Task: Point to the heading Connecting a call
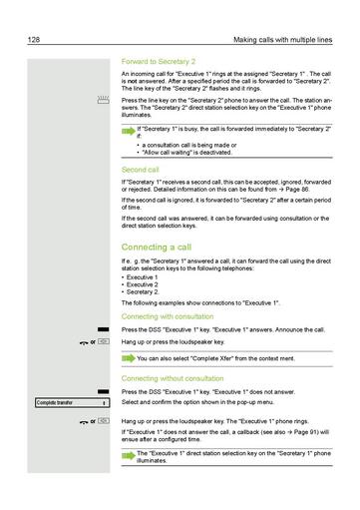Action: coord(157,246)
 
